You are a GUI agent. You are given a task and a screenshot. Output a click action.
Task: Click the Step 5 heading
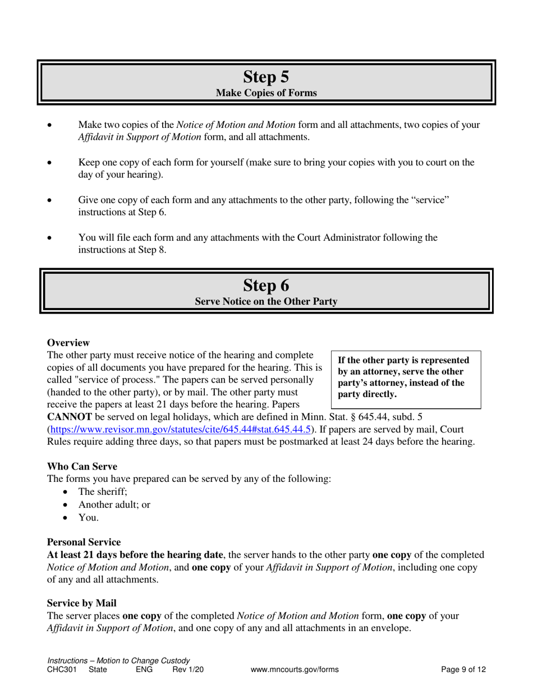266,77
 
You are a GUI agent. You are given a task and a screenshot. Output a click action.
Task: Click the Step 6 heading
266,286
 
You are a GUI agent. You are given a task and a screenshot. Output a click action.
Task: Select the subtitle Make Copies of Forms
266,93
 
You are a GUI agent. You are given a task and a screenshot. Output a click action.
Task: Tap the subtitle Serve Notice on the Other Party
266,302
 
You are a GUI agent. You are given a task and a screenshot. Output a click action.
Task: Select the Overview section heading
68,343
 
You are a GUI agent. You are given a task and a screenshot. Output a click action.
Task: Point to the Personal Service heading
84,542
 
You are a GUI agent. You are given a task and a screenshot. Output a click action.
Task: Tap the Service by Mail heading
81,603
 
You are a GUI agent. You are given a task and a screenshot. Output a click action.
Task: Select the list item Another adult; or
114,504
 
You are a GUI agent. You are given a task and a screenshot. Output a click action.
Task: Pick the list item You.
88,517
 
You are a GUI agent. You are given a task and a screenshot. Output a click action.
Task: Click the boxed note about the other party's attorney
406,378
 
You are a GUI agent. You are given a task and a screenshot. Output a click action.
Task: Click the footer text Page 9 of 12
463,669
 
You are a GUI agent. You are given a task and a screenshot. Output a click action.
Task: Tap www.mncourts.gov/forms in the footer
295,669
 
